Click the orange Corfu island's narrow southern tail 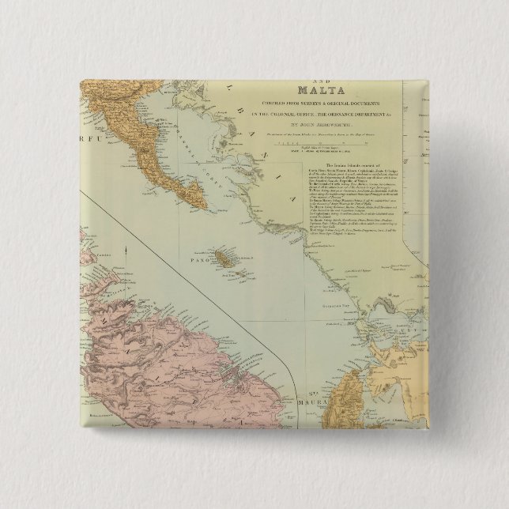[194, 198]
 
